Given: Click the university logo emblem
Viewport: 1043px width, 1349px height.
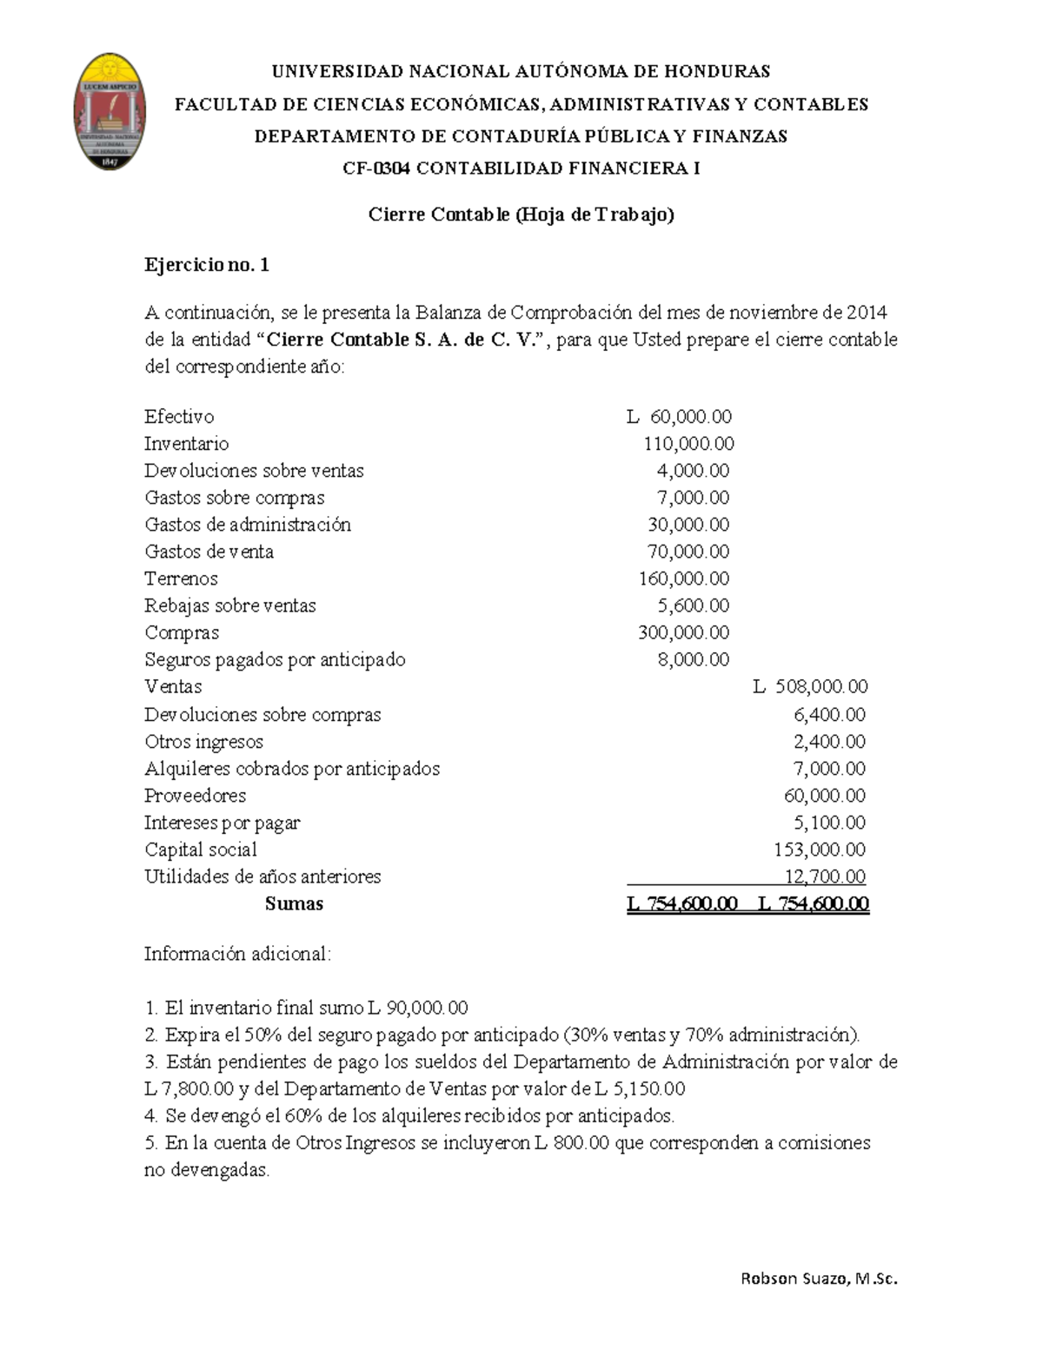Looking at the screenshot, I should click(109, 111).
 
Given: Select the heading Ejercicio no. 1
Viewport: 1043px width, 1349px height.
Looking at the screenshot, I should click(207, 265).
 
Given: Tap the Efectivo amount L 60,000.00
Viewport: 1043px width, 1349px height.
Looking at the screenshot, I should click(680, 417).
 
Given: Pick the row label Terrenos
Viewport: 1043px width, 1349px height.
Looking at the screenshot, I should click(181, 579).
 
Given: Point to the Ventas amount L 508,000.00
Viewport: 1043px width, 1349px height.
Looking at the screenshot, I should click(811, 687).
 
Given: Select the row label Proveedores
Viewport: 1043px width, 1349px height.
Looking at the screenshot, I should click(195, 796).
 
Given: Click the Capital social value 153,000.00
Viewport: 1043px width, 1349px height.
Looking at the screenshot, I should click(820, 850).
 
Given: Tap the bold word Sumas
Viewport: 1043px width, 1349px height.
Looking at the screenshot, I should click(294, 903).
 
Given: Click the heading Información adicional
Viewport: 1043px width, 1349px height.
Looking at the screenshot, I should click(237, 954).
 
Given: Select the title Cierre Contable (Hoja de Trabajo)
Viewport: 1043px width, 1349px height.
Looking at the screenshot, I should click(521, 215).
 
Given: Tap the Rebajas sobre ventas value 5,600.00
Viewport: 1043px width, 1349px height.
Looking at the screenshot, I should click(693, 605).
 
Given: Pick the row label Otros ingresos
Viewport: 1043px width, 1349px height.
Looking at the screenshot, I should click(203, 742).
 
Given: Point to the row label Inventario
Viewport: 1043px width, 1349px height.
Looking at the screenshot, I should click(186, 444).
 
